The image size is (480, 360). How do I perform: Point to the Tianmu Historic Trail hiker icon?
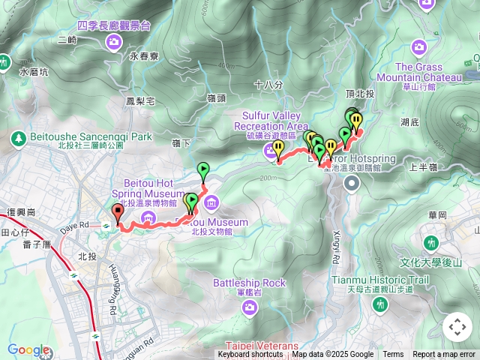(x=380, y=304)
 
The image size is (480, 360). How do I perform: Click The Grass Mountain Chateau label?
(x=418, y=71)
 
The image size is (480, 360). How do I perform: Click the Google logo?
(x=28, y=349)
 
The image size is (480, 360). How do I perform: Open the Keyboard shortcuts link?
(x=250, y=355)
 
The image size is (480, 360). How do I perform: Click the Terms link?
(x=393, y=355)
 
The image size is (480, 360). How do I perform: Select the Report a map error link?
(x=444, y=355)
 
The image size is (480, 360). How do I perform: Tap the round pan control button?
(x=457, y=327)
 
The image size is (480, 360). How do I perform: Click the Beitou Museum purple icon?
(x=211, y=202)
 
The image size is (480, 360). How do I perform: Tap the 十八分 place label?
(x=268, y=85)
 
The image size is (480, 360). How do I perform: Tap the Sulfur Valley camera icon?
(x=270, y=152)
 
